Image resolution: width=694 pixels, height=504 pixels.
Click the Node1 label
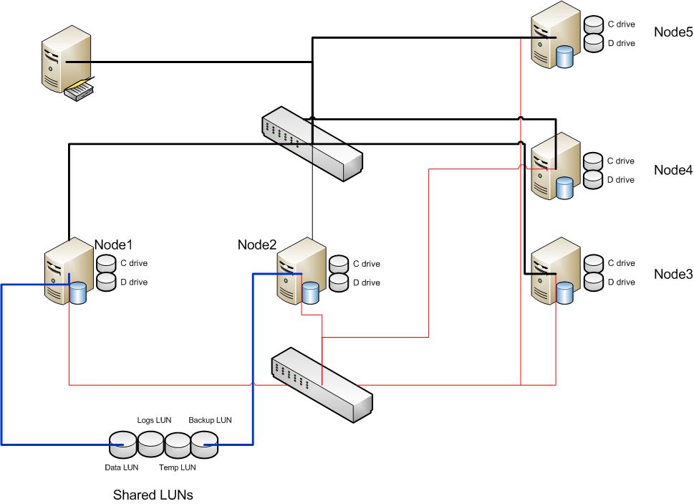pyautogui.click(x=114, y=244)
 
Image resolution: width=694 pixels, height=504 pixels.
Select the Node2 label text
pyautogui.click(x=256, y=244)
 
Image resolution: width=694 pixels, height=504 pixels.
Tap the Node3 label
pyautogui.click(x=673, y=273)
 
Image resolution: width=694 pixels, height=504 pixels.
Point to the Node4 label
pyautogui.click(x=673, y=170)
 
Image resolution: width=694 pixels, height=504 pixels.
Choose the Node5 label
pyautogui.click(x=673, y=32)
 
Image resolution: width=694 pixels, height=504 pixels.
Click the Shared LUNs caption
pyautogui.click(x=153, y=495)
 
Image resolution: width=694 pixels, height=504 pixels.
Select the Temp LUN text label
pyautogui.click(x=178, y=467)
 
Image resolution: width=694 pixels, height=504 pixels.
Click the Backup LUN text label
pyautogui.click(x=210, y=420)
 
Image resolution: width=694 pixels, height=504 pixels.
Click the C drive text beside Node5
pyautogui.click(x=621, y=24)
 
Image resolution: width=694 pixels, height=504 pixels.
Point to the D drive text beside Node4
pyautogui.click(x=621, y=179)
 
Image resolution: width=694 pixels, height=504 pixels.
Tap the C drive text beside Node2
pyautogui.click(x=366, y=263)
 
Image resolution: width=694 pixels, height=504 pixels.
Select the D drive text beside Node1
pyautogui.click(x=133, y=282)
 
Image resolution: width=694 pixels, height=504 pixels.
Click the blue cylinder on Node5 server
pyautogui.click(x=565, y=57)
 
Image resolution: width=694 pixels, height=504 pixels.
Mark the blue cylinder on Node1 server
pyautogui.click(x=77, y=293)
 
